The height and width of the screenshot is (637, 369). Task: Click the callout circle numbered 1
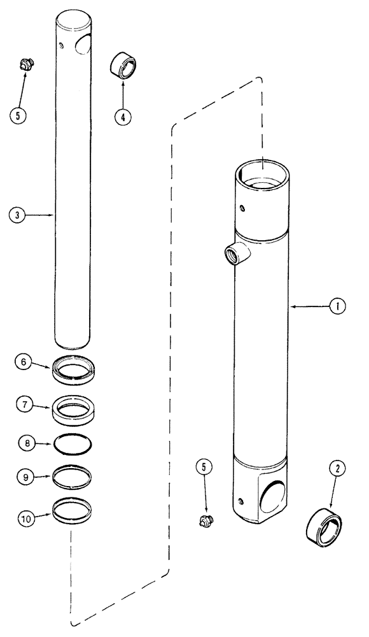(337, 306)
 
